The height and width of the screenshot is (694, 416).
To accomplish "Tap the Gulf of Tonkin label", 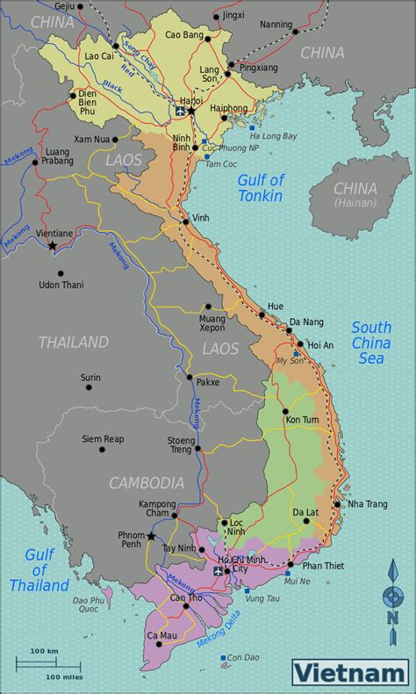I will (x=261, y=189).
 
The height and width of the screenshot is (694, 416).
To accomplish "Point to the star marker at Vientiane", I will (x=53, y=245).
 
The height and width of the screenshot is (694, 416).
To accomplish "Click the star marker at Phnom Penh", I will (x=152, y=536).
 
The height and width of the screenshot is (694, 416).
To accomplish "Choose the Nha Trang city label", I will (x=368, y=503).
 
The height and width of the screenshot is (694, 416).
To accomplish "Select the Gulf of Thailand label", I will (x=39, y=569).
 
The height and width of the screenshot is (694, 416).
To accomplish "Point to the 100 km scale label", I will (x=44, y=650).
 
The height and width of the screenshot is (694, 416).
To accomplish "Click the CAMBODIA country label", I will (x=147, y=482).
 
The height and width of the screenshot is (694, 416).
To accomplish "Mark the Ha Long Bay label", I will (x=273, y=136).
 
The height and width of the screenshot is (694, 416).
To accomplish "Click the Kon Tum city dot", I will (x=285, y=410).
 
